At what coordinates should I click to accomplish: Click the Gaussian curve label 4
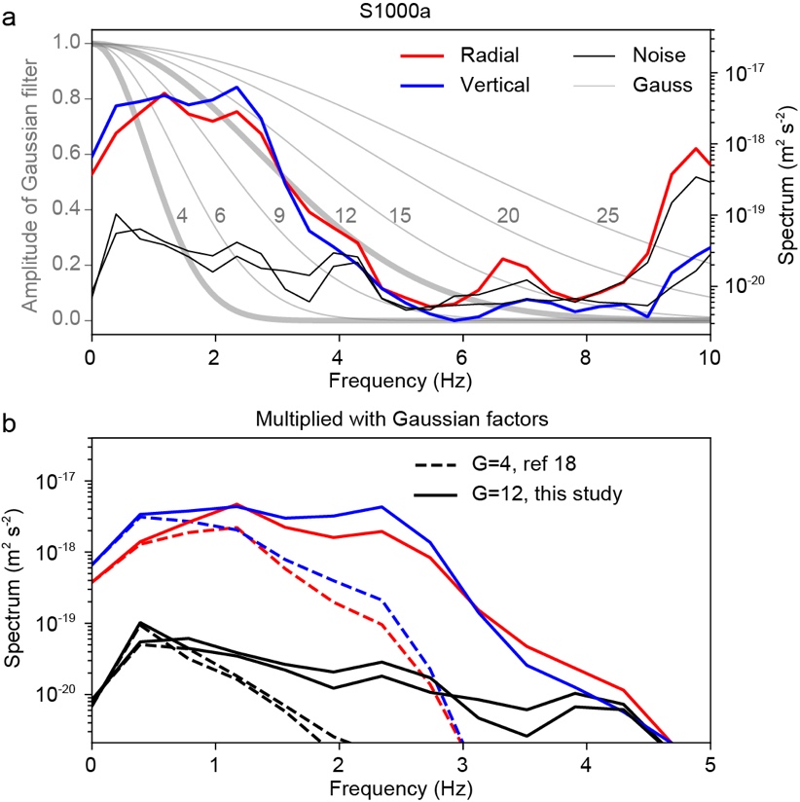pos(181,215)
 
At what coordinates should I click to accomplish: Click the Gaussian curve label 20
pos(508,215)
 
